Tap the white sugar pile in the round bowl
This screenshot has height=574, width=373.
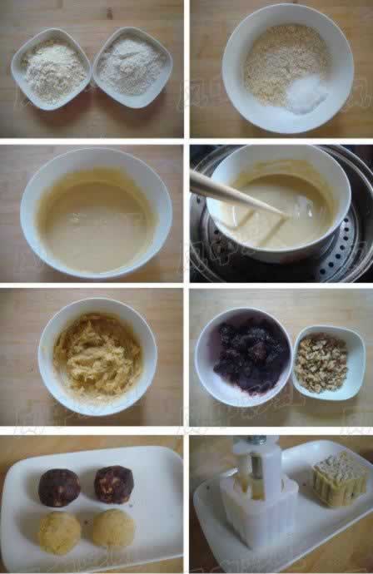(x=304, y=94)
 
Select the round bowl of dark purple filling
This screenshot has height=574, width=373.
(x=243, y=356)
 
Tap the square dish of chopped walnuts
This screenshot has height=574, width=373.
(x=328, y=363)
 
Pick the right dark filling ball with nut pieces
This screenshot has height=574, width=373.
(x=113, y=485)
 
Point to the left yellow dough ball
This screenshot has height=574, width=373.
(x=59, y=533)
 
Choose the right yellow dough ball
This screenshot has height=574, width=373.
(x=112, y=528)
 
